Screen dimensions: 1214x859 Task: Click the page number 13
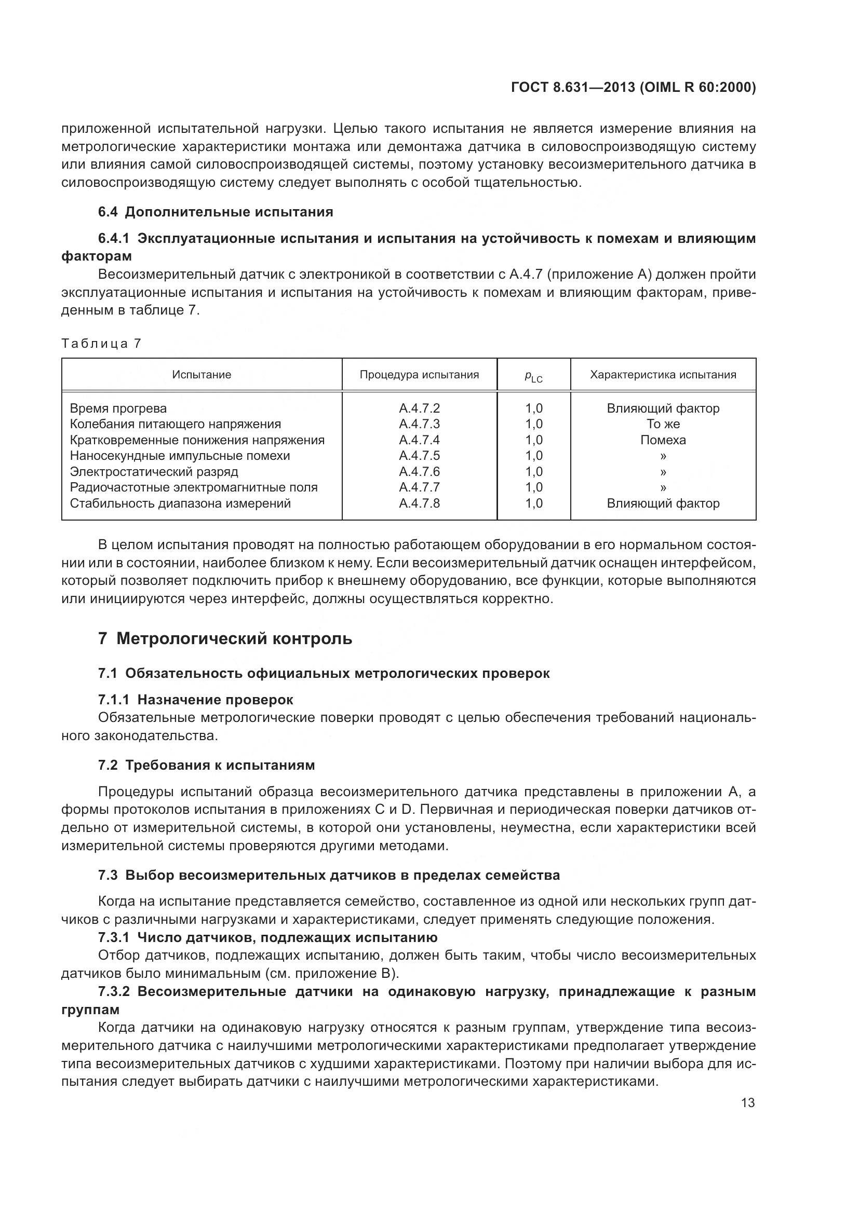[x=748, y=1102]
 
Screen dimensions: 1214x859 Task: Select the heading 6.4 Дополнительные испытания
[x=216, y=212]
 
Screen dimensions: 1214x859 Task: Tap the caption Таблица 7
[x=101, y=344]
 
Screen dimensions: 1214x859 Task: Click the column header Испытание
[x=202, y=375]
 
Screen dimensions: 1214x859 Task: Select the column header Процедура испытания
[x=419, y=375]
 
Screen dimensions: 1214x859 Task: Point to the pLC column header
[x=533, y=376]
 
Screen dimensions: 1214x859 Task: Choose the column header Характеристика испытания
[x=663, y=375]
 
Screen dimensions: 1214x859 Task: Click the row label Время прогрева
[x=118, y=408]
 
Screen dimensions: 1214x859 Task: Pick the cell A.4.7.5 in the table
[x=419, y=455]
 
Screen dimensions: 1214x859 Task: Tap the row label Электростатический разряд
[x=154, y=471]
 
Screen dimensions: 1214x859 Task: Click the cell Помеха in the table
[x=663, y=440]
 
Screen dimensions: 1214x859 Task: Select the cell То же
[x=663, y=424]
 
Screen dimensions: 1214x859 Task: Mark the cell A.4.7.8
[x=419, y=503]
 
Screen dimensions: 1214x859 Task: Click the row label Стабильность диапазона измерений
[x=180, y=503]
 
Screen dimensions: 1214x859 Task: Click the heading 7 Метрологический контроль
[x=225, y=639]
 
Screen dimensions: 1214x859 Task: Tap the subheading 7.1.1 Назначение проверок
[x=196, y=700]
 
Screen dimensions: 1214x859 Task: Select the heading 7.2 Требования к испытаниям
[x=206, y=765]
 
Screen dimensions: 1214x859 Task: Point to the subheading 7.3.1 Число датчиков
[x=267, y=937]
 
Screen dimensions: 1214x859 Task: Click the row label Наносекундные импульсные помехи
[x=180, y=455]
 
